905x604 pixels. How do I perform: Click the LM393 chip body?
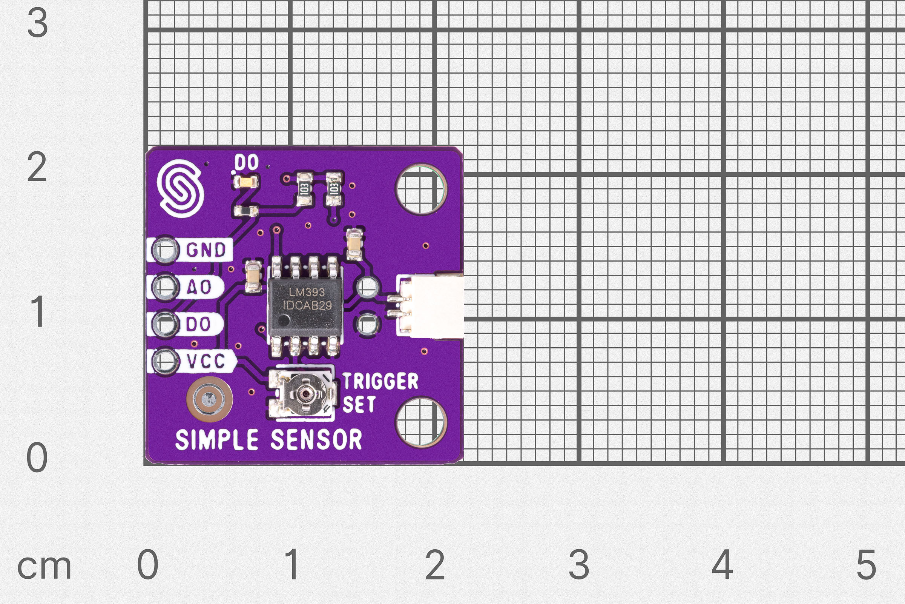[x=305, y=306]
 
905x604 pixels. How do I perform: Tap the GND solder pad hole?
[x=165, y=250]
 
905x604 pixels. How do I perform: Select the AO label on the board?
[x=199, y=287]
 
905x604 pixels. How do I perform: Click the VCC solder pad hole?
[x=165, y=361]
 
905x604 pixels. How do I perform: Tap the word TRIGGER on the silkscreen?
[x=380, y=381]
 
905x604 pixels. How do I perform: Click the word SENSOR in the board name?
[x=316, y=439]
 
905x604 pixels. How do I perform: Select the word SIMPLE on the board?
[x=216, y=439]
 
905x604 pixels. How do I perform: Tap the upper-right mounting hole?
[x=421, y=189]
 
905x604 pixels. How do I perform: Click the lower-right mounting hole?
[x=421, y=422]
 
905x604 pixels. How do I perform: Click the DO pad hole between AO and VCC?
[x=165, y=324]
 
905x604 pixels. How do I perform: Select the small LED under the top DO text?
[x=245, y=182]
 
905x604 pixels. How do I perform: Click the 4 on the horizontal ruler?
[x=722, y=564]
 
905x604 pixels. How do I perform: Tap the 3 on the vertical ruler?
[x=37, y=23]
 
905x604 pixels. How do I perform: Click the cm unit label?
[x=44, y=567]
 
